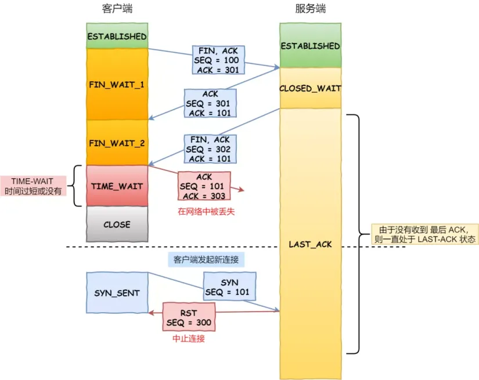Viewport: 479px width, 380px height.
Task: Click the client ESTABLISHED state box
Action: click(x=117, y=36)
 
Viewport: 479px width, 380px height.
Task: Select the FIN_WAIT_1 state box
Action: click(x=117, y=84)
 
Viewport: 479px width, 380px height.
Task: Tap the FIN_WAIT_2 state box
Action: click(x=117, y=142)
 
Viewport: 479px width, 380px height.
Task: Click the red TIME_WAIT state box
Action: click(x=117, y=186)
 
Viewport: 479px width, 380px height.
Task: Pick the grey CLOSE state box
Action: click(x=117, y=225)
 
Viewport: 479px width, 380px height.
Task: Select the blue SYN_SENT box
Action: click(x=117, y=293)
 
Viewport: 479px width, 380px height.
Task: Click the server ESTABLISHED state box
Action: click(x=309, y=46)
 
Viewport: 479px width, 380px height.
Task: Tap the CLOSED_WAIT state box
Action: click(x=309, y=88)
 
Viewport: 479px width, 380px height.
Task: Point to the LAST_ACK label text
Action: click(x=310, y=244)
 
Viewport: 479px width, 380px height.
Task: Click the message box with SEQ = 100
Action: click(x=218, y=60)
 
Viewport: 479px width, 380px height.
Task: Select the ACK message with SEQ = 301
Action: click(x=210, y=103)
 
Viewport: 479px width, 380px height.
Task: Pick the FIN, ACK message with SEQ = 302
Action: click(x=210, y=149)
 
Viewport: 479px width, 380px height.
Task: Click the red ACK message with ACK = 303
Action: click(x=204, y=186)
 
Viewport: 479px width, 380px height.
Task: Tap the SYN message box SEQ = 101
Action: click(x=229, y=287)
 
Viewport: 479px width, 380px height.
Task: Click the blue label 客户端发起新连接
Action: click(x=206, y=259)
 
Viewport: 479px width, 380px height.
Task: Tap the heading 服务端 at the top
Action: click(x=309, y=8)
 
